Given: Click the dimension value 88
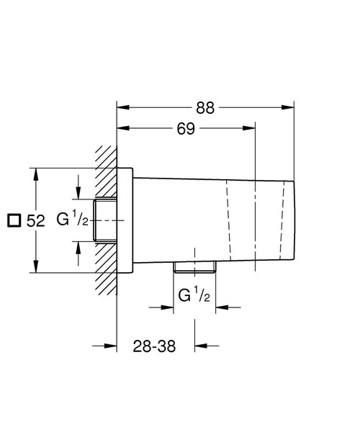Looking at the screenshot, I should pos(206,108).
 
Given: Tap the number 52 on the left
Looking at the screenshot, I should pos(37,221).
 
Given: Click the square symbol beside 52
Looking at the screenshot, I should pos(13,221).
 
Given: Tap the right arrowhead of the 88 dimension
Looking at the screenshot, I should pos(289,109).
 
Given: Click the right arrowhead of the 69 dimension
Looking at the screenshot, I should pos(251,130).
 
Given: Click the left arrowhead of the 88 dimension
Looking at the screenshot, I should pos(122,109).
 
